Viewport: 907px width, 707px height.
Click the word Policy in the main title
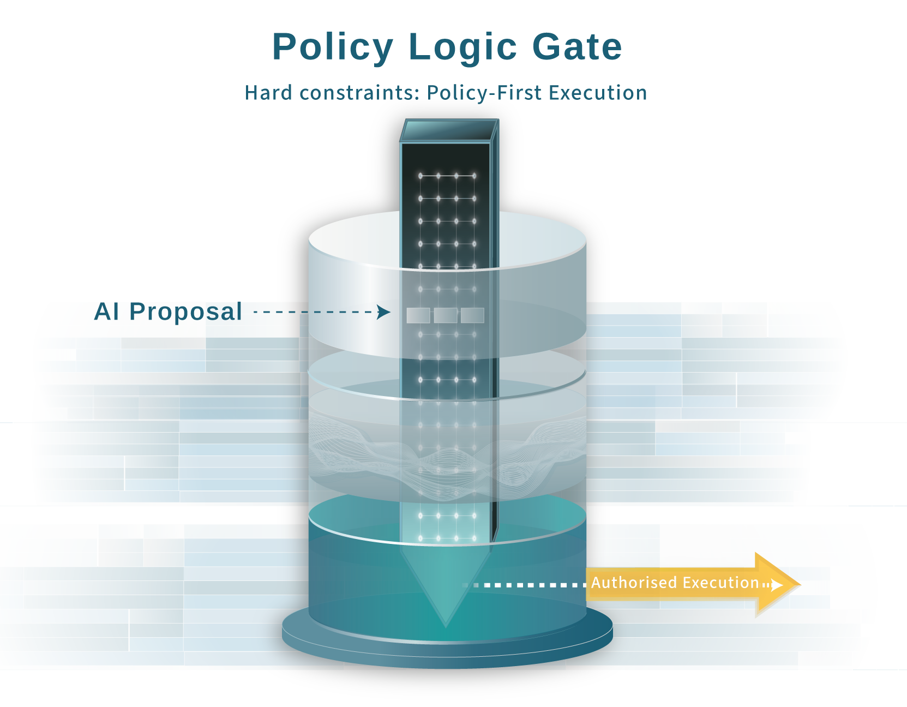(x=333, y=47)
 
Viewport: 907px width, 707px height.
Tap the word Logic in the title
(x=462, y=47)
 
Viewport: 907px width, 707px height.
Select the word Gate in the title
(x=577, y=47)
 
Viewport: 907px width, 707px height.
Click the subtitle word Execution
(x=598, y=93)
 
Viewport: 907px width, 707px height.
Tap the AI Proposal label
(x=168, y=311)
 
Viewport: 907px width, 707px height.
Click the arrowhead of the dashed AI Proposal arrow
(x=385, y=312)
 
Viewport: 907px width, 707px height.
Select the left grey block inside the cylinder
(x=418, y=315)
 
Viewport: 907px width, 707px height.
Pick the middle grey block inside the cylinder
(x=446, y=315)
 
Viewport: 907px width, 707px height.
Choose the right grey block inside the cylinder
(x=472, y=315)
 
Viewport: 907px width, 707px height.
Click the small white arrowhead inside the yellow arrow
(x=777, y=585)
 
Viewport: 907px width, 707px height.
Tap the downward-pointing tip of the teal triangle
(x=446, y=624)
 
